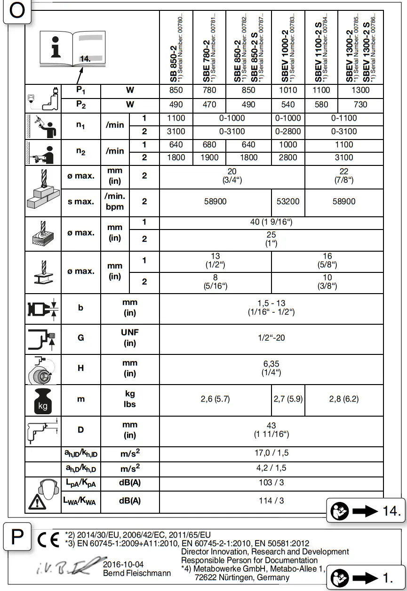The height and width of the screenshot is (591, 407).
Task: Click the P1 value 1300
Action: coord(360,90)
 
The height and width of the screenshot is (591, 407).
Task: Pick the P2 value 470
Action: coord(209,105)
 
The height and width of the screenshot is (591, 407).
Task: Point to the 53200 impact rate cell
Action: coord(288,201)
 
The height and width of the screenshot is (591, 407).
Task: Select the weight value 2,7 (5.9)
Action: coord(288,399)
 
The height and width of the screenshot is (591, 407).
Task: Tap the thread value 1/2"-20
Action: coord(271,337)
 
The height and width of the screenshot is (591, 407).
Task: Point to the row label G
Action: coord(81,337)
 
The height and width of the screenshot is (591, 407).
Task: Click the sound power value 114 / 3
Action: coord(271,501)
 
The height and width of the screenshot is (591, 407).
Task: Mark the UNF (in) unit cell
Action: coord(130,337)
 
